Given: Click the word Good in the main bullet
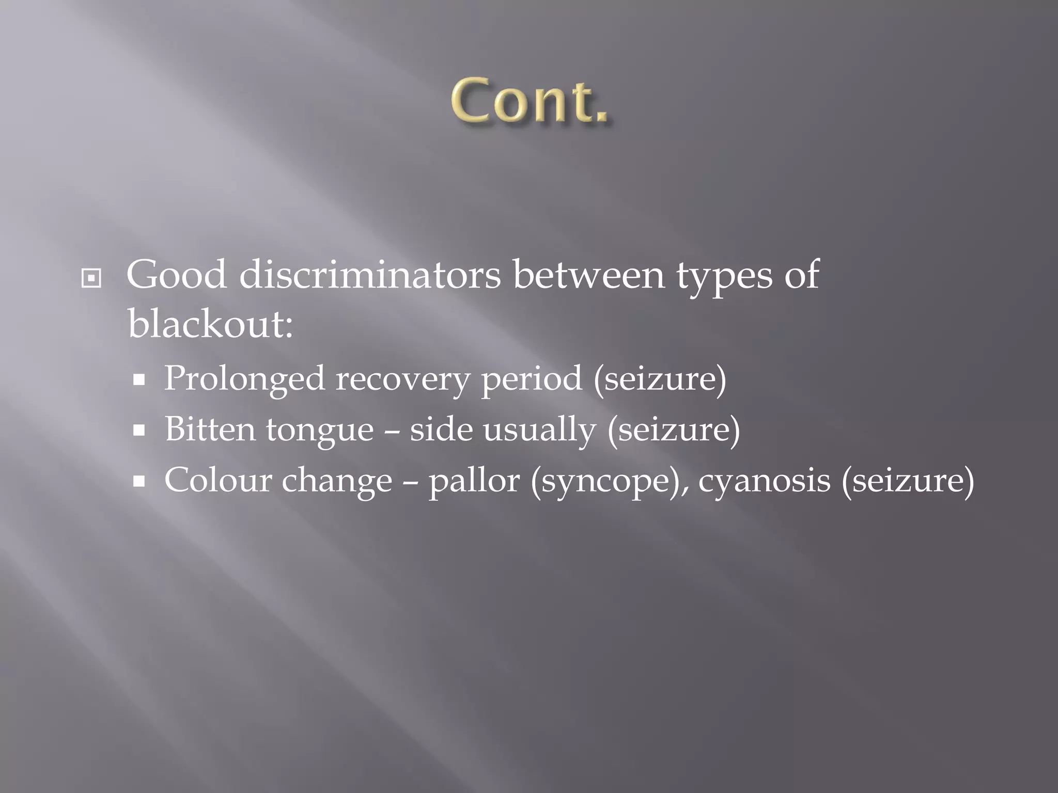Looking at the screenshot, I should [x=176, y=275].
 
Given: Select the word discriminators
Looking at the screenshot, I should [x=369, y=275].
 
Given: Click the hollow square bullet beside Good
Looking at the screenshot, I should [x=91, y=279].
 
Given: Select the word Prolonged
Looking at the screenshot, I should [x=244, y=379].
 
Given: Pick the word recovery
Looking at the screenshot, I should [x=402, y=379].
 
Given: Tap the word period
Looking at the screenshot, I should [x=531, y=379].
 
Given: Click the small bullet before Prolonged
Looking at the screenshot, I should [x=138, y=381].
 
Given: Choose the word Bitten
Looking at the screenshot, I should [x=210, y=430].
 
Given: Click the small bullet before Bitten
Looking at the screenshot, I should [x=138, y=431].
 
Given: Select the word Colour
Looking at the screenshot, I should [x=217, y=480].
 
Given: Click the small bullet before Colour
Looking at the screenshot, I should [x=138, y=482].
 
